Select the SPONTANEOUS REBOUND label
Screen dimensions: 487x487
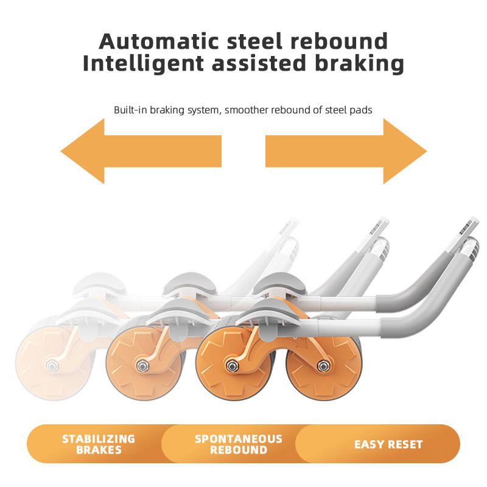[238, 444]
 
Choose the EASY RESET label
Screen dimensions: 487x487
[388, 444]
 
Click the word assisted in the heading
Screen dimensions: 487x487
[263, 63]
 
